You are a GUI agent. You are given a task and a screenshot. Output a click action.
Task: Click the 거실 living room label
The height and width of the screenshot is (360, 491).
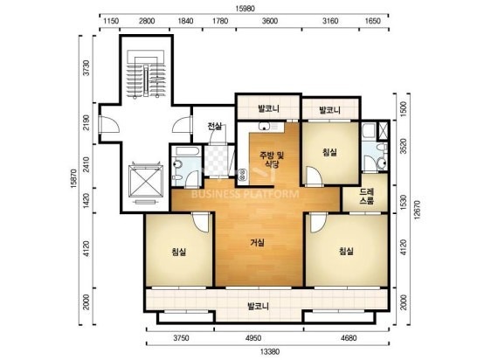point(258,242)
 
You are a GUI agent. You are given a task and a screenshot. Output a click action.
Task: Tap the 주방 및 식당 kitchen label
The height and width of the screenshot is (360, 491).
point(272,159)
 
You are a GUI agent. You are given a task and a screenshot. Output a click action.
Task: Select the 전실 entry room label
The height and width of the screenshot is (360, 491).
point(215,127)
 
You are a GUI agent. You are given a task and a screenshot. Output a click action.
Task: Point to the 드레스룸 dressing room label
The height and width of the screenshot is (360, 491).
point(366,197)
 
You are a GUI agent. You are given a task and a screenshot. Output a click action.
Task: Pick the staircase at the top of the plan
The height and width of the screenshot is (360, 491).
point(146,75)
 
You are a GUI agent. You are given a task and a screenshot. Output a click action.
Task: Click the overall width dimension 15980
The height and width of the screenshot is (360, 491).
point(245,9)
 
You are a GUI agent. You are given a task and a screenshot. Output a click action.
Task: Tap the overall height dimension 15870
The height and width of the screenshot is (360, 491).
point(74,178)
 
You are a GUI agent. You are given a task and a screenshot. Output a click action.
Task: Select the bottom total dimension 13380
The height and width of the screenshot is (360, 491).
point(269,351)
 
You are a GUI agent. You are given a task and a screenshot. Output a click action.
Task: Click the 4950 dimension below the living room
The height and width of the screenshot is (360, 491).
point(253,338)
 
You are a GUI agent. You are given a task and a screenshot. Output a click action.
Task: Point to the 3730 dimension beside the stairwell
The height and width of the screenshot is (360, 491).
point(86,67)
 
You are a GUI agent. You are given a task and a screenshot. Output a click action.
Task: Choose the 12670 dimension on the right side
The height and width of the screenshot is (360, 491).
point(417,210)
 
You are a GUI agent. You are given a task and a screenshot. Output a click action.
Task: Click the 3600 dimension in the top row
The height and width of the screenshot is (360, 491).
point(270,21)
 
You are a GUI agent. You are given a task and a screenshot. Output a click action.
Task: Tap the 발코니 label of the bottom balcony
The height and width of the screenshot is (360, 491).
point(258,306)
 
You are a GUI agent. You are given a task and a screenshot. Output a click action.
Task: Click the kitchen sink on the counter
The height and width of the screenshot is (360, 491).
point(265,127)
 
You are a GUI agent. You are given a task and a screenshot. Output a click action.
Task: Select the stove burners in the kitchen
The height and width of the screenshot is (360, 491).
point(242,175)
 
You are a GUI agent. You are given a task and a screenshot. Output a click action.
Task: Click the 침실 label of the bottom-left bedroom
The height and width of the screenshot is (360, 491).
point(179,252)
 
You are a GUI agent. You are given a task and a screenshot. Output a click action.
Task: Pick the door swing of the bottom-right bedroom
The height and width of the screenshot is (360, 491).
point(318,223)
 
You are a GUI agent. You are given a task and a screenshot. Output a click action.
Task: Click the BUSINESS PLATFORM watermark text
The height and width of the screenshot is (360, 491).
point(245,194)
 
